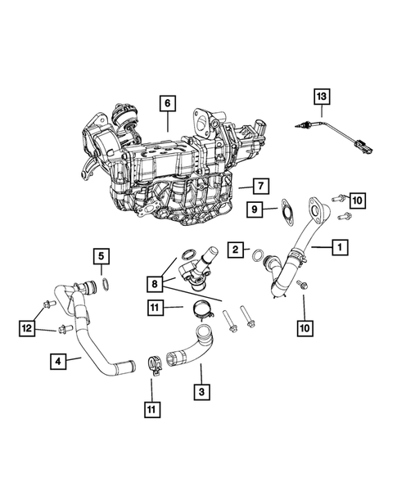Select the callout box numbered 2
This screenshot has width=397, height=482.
235,248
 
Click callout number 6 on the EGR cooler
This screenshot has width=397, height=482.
167,103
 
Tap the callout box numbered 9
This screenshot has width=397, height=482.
255,209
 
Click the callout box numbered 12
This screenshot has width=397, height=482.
28,327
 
